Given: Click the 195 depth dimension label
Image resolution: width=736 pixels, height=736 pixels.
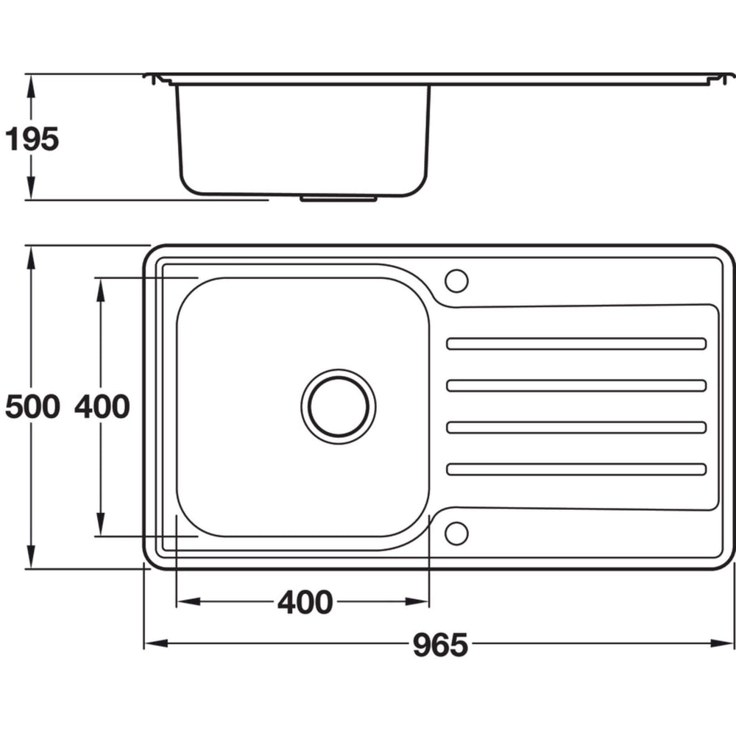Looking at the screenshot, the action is click(32, 139).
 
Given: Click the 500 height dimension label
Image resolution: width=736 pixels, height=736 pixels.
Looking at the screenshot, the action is click(32, 406).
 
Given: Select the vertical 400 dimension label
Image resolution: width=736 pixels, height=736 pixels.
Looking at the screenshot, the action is click(102, 406).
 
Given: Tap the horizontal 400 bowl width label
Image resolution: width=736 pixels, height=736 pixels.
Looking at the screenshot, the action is click(305, 602).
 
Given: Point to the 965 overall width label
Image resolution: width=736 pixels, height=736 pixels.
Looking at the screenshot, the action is click(440, 645).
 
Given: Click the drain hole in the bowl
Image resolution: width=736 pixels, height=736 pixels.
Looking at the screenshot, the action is click(339, 406).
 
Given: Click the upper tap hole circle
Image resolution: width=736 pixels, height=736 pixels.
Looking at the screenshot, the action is click(456, 280).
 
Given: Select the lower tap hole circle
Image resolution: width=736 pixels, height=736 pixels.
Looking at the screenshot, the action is click(456, 533).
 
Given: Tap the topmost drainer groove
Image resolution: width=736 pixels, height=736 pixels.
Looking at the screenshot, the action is click(576, 344).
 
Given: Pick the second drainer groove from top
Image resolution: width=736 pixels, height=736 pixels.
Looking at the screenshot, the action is click(576, 386).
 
